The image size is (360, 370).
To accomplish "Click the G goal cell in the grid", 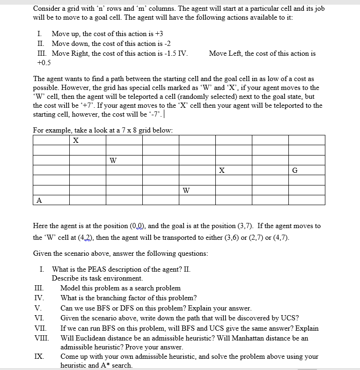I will (294, 170).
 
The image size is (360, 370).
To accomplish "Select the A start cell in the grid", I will (39, 200).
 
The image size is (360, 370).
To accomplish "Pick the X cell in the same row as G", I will (222, 170).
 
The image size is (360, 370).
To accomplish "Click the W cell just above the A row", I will (186, 190).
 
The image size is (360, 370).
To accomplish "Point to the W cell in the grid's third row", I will (112, 160).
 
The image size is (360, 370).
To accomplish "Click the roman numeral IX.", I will (40, 356).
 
